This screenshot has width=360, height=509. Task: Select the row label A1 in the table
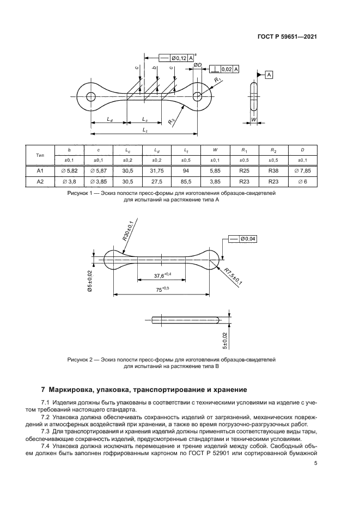click(x=40, y=170)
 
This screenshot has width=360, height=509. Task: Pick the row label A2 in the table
click(x=40, y=181)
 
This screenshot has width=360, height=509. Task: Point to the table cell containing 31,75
click(x=156, y=170)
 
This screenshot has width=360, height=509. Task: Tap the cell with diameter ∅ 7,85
click(x=303, y=170)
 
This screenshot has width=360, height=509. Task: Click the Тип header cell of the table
click(x=40, y=155)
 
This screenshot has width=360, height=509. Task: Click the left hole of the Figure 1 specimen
click(x=90, y=96)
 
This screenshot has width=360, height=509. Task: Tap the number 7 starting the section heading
click(x=44, y=390)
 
